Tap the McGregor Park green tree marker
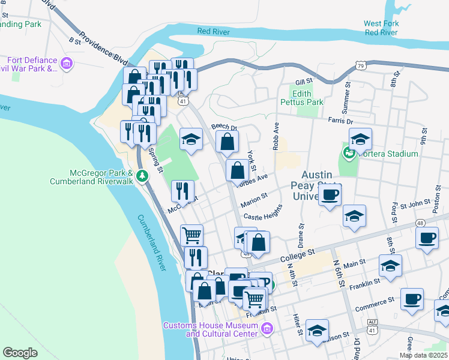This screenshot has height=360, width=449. (142, 176)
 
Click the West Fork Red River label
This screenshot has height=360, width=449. (381, 28)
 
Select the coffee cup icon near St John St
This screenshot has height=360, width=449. (330, 194)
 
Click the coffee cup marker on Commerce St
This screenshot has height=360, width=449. (412, 299)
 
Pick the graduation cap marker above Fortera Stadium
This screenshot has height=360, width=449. (360, 139)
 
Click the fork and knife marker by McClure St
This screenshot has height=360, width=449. (182, 191)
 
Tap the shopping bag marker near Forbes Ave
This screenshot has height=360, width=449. (238, 170)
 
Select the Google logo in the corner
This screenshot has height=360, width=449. (20, 353)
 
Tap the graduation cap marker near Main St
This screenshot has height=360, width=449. (390, 265)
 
